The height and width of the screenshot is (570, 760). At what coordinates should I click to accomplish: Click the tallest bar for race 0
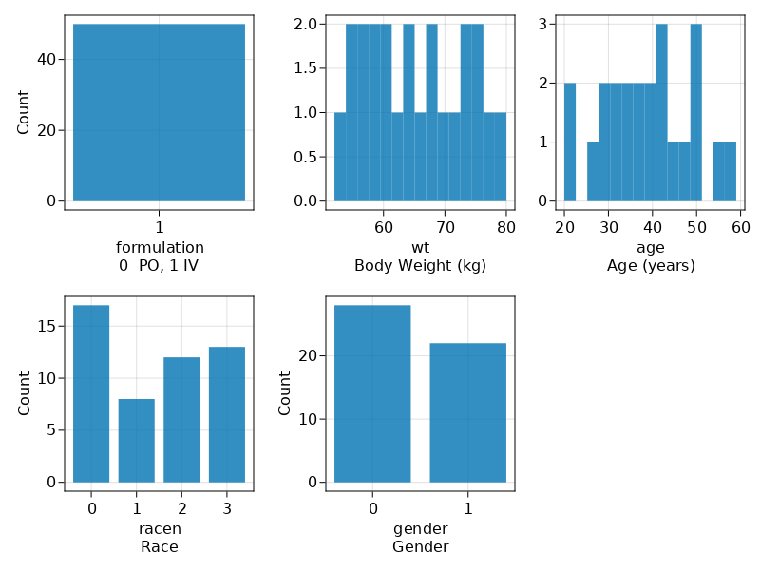91,393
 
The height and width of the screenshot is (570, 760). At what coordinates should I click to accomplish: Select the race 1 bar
136,440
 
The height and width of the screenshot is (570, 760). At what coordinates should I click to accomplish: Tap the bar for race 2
181,419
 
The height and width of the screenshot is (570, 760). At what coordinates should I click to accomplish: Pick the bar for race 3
227,414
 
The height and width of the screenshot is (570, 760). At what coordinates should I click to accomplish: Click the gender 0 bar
372,393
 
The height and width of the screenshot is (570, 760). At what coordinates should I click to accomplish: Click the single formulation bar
159,112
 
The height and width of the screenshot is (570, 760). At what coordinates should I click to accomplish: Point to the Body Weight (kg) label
420,266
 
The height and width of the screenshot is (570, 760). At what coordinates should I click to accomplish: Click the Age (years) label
651,266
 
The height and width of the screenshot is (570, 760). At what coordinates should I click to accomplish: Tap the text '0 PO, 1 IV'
159,266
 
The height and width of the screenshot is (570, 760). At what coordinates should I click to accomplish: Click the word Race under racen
159,547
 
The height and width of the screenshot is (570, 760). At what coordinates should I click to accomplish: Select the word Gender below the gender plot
420,547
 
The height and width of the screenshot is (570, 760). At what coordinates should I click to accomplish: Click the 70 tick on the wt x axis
445,228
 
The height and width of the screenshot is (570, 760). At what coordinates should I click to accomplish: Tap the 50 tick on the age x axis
696,228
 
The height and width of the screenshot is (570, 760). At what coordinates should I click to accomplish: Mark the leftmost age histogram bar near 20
570,142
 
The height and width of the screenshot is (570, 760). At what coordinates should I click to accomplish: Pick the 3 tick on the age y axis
542,24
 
